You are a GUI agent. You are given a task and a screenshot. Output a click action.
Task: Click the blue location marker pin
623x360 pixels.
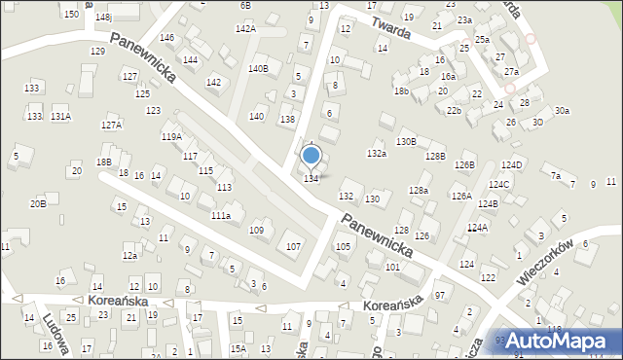(311, 157)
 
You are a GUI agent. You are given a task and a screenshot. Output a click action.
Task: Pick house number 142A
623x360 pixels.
(245, 29)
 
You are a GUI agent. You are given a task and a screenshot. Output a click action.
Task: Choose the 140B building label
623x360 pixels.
(258, 69)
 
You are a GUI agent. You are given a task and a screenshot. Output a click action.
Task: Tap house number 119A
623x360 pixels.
(171, 137)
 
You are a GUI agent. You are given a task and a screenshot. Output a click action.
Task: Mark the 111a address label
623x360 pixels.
(221, 215)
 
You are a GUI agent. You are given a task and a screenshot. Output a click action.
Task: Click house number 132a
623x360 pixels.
(377, 154)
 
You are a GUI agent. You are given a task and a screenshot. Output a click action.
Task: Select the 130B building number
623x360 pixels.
(406, 142)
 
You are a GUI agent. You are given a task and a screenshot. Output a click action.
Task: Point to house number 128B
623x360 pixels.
(435, 157)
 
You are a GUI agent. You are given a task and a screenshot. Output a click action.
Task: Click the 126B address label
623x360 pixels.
(464, 164)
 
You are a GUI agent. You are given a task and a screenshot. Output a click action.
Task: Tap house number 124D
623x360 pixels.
(513, 164)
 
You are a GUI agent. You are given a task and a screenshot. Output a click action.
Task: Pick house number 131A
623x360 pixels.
(60, 117)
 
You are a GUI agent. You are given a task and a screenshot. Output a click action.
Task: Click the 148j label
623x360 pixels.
(104, 18)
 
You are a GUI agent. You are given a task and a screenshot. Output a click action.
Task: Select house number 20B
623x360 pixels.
(37, 203)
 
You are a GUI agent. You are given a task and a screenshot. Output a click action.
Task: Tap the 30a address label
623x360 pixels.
(562, 111)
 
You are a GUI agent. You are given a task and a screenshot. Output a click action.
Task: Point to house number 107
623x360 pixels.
(293, 246)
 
